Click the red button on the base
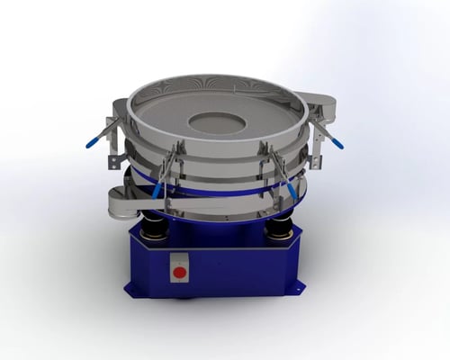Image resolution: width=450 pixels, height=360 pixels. click(179, 272)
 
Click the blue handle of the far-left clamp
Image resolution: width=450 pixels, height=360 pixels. click(93, 141)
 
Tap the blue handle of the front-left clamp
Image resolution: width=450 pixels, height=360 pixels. click(158, 190)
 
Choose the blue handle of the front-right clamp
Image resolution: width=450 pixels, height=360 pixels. click(292, 192)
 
